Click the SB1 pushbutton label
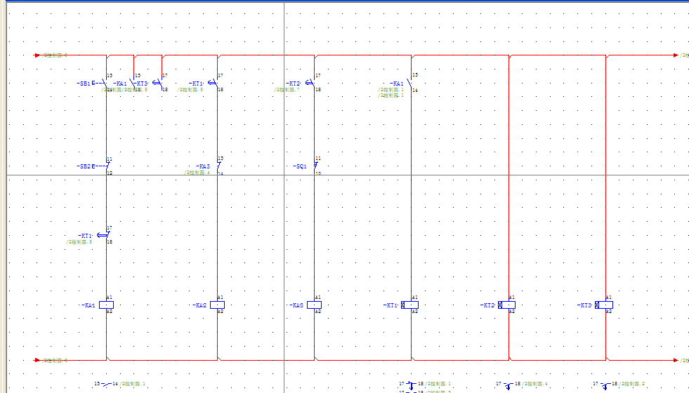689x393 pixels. (x=84, y=84)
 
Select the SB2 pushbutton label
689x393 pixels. (x=84, y=166)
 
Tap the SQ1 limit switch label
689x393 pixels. (x=300, y=166)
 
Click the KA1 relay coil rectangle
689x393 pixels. (x=106, y=305)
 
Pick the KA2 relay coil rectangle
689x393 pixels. (x=217, y=305)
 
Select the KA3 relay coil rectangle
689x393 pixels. (x=315, y=305)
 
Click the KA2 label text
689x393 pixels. (x=200, y=305)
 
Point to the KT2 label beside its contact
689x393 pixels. (x=294, y=84)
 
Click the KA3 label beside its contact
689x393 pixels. (x=203, y=166)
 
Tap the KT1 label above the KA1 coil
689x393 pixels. (x=86, y=236)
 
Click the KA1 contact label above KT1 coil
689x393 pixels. (x=398, y=84)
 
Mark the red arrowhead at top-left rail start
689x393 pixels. (x=38, y=55)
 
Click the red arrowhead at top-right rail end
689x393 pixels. (x=676, y=55)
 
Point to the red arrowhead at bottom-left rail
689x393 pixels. (x=38, y=360)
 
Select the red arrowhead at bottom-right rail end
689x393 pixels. (x=676, y=360)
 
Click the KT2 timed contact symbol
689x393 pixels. (x=310, y=83)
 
